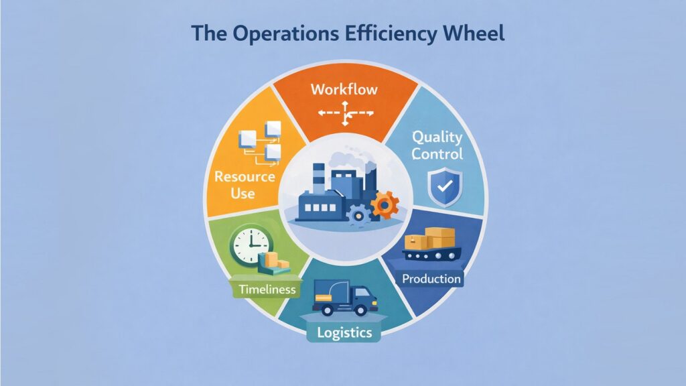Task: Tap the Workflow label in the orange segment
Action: pos(344,89)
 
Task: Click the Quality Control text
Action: pos(437,145)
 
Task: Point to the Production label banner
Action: pos(431,278)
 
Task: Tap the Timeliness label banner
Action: pos(267,289)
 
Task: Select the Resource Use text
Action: pos(235,184)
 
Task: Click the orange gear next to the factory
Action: pos(385,204)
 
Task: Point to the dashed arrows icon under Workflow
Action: pos(344,114)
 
